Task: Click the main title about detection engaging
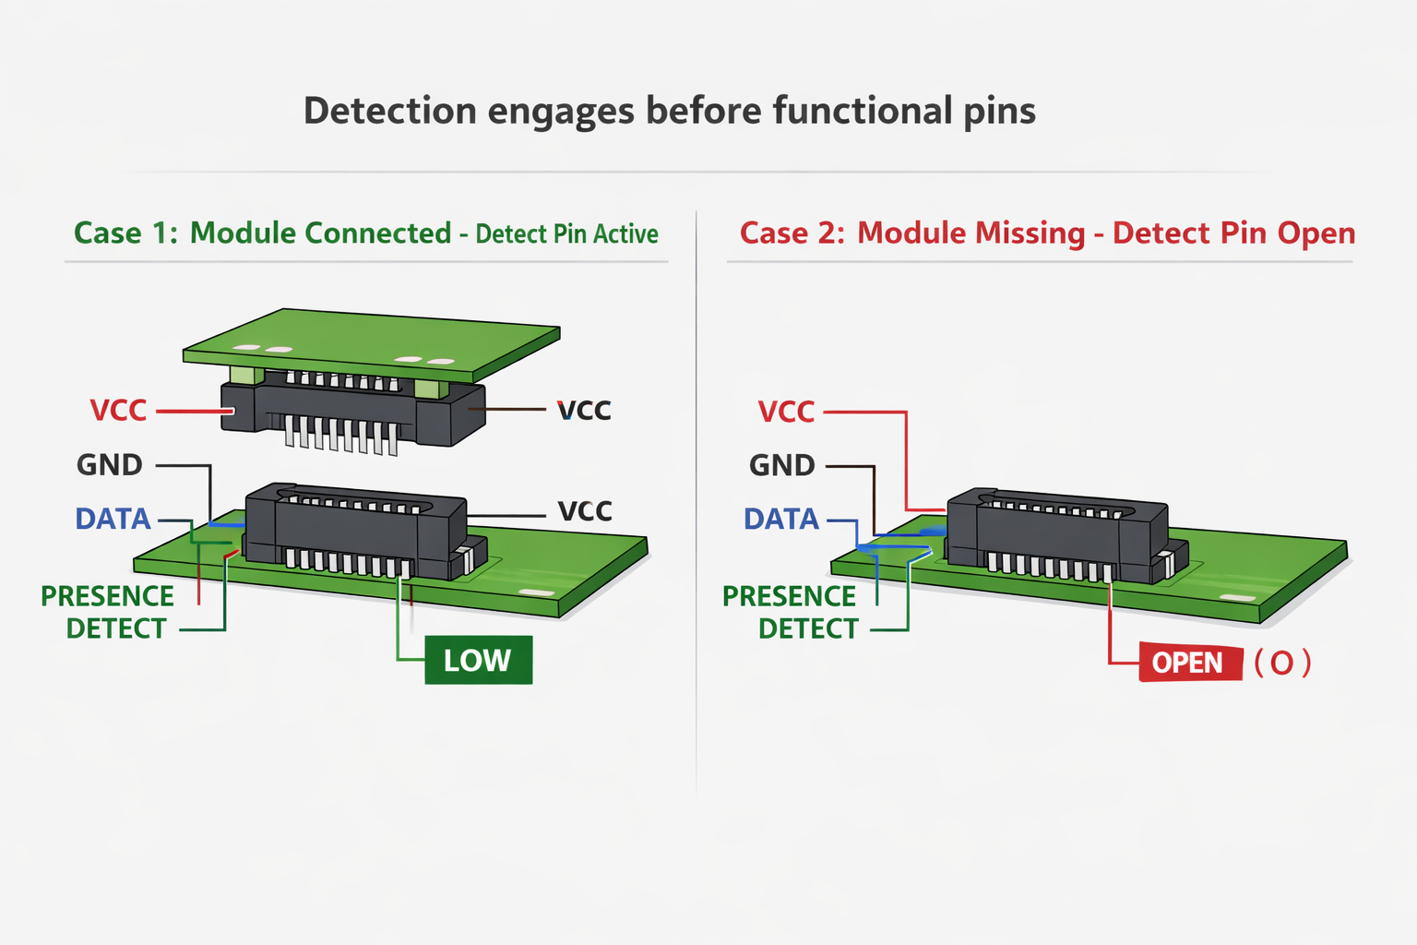click(669, 112)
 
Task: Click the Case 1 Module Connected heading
click(365, 233)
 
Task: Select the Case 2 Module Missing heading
click(1047, 233)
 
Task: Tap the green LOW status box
click(478, 660)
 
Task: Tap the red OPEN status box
click(1188, 663)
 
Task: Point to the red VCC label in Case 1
click(118, 411)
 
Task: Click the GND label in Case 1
click(109, 465)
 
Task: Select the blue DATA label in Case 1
click(113, 520)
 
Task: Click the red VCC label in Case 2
click(786, 412)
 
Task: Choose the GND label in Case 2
click(781, 465)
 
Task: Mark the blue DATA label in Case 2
click(781, 520)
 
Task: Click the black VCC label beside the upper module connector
click(584, 411)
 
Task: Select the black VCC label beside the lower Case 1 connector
click(585, 511)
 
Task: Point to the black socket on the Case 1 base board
click(355, 531)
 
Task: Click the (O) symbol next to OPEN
click(1282, 663)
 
